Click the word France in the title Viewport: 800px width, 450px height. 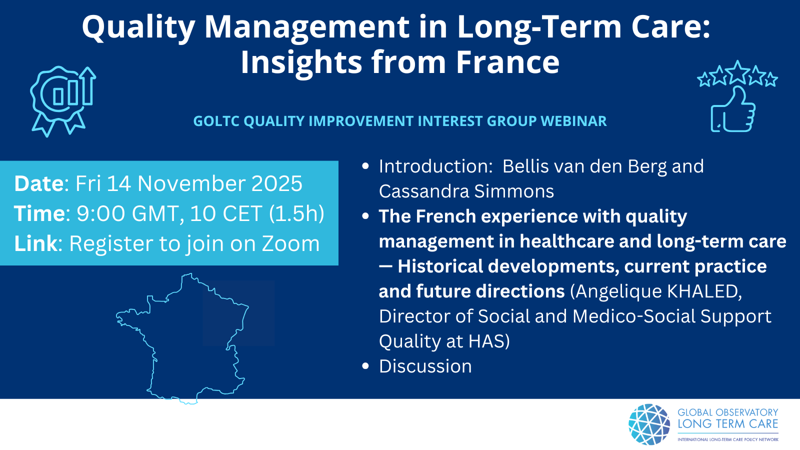pos(507,62)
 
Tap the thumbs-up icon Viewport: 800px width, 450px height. pos(733,109)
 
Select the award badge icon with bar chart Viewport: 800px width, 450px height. pos(63,101)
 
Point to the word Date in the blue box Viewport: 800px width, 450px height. pos(39,183)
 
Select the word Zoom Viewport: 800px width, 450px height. pos(290,243)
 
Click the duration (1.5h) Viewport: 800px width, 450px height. pos(296,213)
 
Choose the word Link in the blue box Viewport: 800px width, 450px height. pos(35,243)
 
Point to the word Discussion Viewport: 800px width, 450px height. pos(425,366)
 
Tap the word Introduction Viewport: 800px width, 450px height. pos(435,166)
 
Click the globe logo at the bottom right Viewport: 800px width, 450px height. pos(649,424)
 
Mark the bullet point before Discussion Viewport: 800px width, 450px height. pos(365,366)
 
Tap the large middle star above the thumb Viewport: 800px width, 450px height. pos(738,72)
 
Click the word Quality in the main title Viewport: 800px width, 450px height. pos(138,28)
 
